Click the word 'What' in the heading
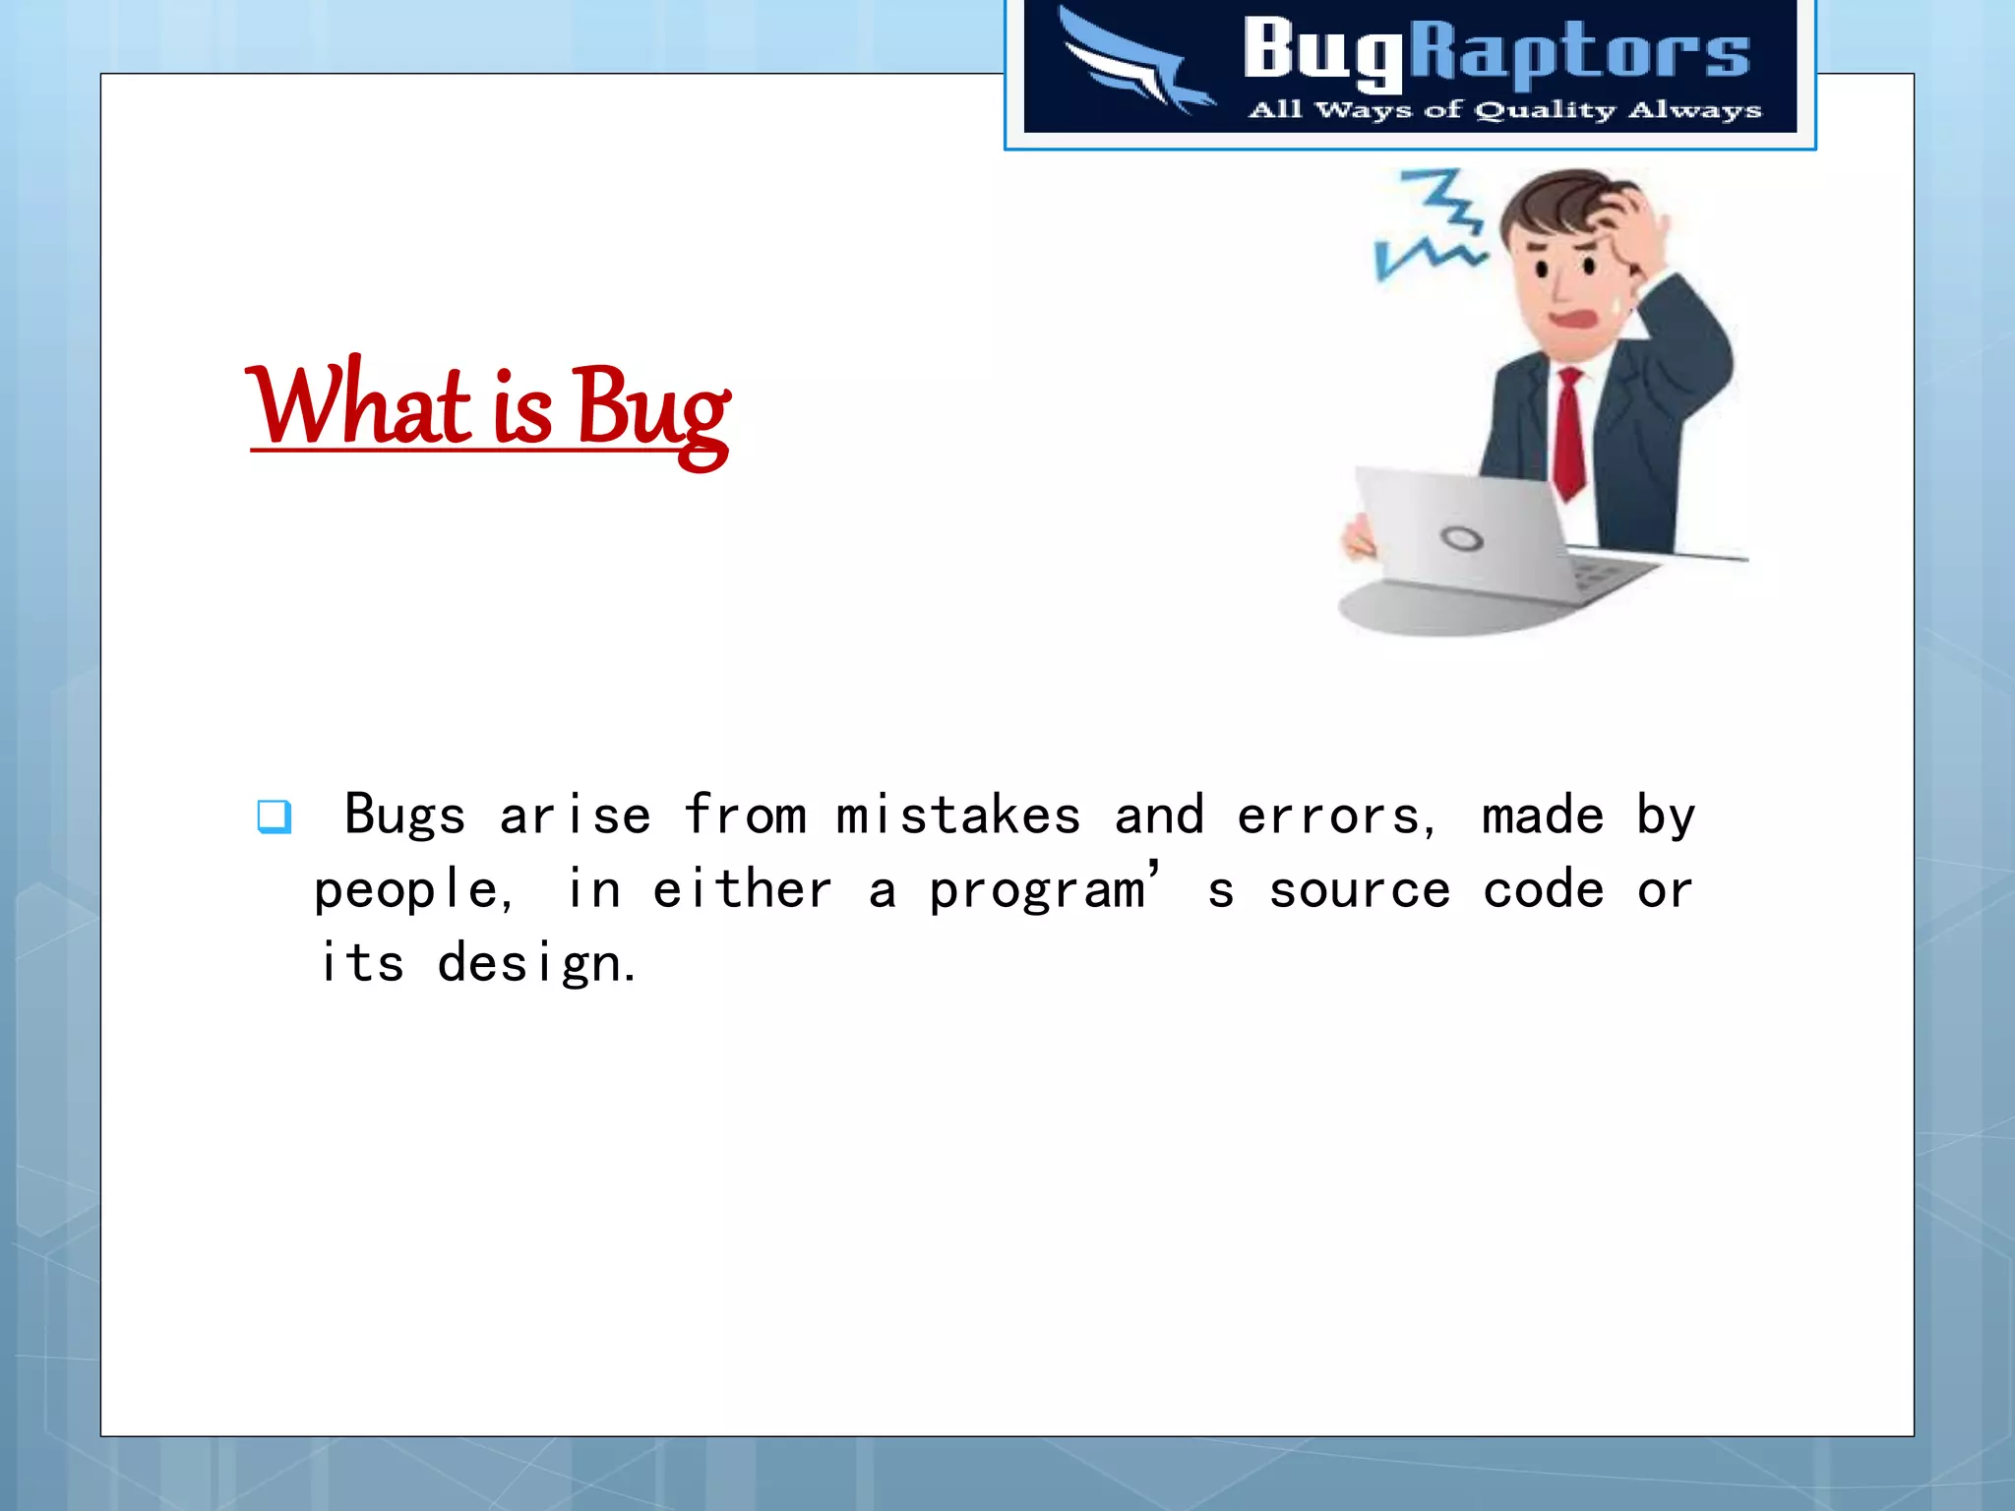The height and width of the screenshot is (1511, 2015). [360, 406]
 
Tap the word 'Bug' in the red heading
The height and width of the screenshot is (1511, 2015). [650, 410]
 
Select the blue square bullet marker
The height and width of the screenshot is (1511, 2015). [274, 816]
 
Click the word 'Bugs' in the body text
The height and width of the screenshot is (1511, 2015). [404, 816]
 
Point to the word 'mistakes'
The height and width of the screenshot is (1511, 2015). [958, 816]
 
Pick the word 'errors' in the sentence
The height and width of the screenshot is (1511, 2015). [1328, 816]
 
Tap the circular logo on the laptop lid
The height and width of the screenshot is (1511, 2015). [1461, 538]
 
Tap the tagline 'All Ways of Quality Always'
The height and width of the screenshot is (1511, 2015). [1504, 109]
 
